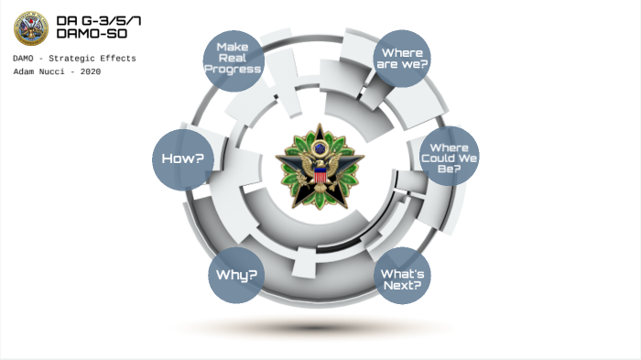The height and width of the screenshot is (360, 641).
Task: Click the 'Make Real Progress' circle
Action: tap(233, 59)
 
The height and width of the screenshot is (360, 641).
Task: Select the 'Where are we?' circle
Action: tap(403, 59)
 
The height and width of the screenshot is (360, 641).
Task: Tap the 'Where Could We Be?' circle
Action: tap(449, 157)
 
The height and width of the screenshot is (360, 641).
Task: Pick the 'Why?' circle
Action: tap(236, 275)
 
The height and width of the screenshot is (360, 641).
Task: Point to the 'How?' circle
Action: tap(183, 158)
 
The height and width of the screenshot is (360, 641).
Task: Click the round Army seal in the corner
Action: tap(31, 27)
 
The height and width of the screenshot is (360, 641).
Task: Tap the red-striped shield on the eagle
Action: tap(320, 176)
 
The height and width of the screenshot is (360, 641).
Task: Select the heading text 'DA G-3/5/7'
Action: tap(98, 20)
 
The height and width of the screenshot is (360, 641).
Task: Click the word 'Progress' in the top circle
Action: tap(233, 70)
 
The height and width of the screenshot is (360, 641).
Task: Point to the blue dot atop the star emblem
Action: tap(320, 146)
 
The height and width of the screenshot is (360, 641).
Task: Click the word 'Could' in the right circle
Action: tap(449, 158)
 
